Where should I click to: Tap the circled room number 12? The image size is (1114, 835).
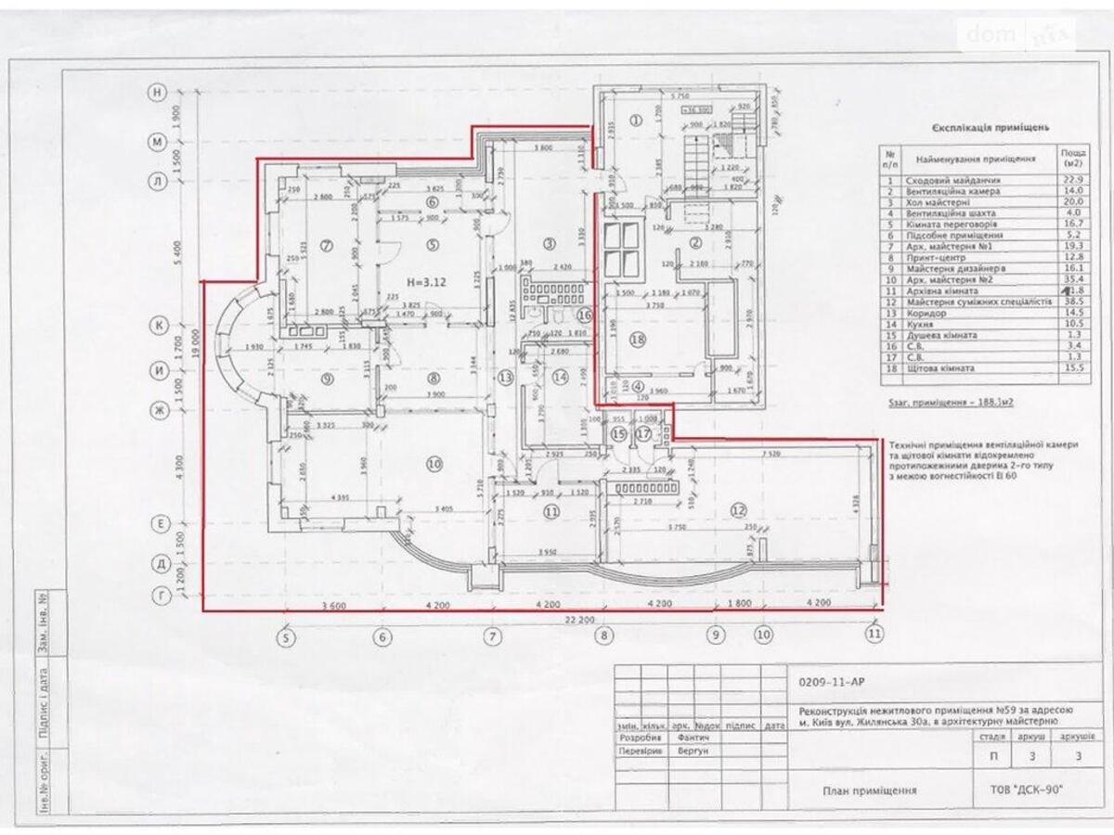coord(739,507)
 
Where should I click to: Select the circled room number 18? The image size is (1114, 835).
coord(636,339)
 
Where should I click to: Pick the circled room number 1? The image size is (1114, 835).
coord(636,119)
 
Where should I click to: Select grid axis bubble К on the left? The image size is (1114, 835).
coord(159,326)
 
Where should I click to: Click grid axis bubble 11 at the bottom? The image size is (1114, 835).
coord(873,635)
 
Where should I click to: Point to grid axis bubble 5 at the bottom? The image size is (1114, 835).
coord(287,636)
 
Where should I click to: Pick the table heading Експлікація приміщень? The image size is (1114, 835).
coord(991,128)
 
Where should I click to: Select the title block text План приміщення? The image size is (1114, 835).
coord(870,790)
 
